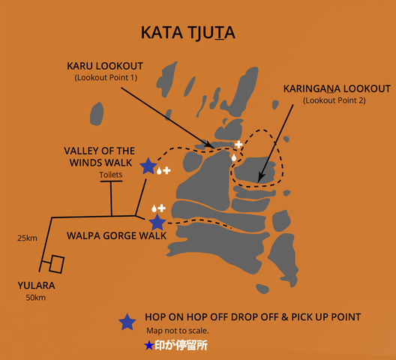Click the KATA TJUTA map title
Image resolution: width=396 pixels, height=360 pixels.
click(188, 32)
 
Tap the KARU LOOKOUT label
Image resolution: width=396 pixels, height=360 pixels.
click(105, 66)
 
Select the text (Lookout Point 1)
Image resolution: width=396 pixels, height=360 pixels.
click(106, 77)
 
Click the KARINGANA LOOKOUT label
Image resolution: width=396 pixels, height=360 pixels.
click(337, 89)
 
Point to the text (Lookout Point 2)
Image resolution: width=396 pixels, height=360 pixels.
click(334, 100)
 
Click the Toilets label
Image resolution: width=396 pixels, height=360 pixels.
click(110, 175)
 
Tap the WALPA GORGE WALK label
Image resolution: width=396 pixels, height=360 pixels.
click(116, 235)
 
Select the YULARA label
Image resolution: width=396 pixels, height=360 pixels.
click(36, 286)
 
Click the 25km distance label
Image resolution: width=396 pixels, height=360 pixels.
click(27, 238)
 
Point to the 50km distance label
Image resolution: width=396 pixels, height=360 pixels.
click(35, 298)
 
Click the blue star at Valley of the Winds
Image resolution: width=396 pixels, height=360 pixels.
click(148, 166)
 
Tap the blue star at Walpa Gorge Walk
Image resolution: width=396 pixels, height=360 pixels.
click(157, 222)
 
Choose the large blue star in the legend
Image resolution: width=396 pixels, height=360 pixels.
click(127, 322)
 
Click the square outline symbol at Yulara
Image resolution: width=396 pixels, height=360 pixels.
click(57, 265)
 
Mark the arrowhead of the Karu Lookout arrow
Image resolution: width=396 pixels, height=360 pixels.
click(210, 145)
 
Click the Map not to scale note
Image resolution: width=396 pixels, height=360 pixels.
click(178, 331)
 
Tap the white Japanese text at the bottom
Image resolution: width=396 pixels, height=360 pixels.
click(181, 345)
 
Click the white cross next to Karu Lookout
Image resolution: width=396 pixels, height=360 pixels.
click(238, 145)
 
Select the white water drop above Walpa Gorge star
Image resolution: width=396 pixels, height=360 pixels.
click(154, 208)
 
